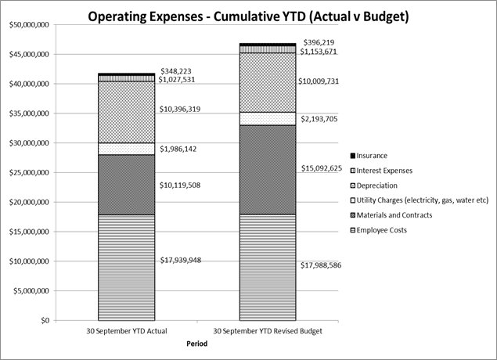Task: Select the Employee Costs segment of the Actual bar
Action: (126, 267)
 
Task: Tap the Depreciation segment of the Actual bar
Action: (126, 112)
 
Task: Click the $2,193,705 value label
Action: (321, 118)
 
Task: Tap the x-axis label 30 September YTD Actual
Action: (126, 330)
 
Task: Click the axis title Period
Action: (197, 344)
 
